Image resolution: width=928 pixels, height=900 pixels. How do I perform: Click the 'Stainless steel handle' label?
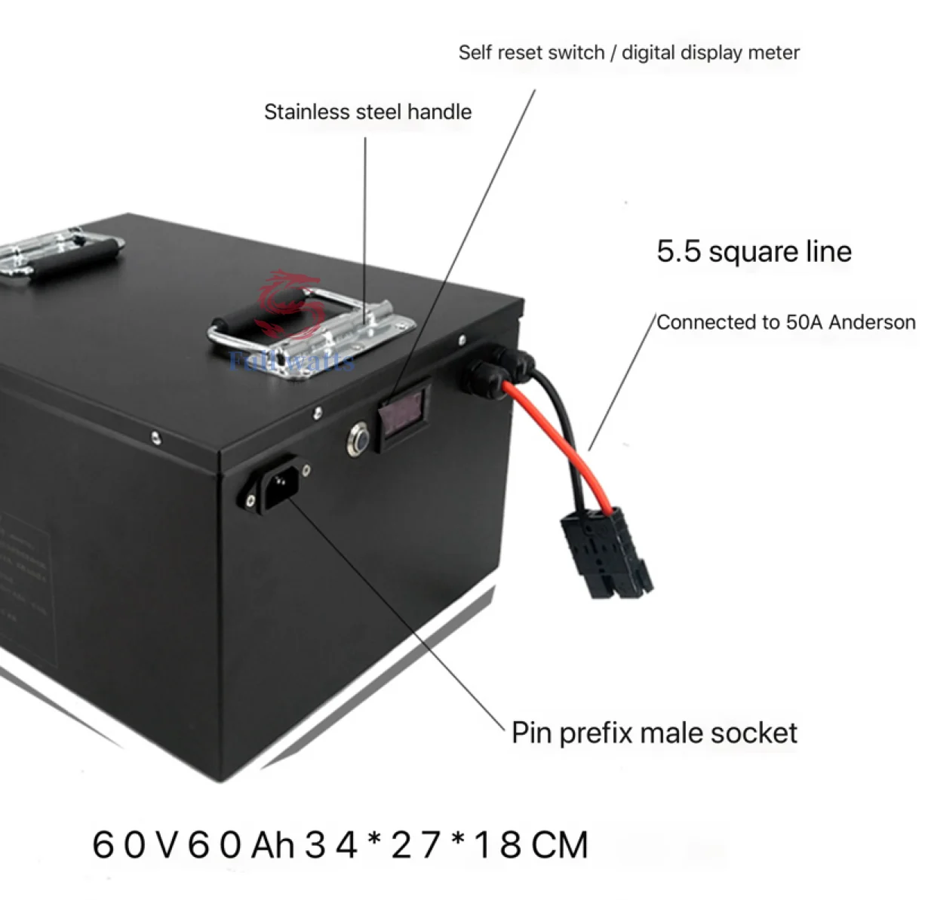pyautogui.click(x=367, y=112)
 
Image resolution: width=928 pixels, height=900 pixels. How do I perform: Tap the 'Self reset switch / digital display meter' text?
pyautogui.click(x=628, y=53)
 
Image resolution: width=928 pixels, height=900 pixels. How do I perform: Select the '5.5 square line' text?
pyautogui.click(x=754, y=251)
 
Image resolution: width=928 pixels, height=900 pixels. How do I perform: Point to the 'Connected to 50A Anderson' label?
pyautogui.click(x=785, y=322)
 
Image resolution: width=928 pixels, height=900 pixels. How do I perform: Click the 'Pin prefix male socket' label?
pyautogui.click(x=654, y=733)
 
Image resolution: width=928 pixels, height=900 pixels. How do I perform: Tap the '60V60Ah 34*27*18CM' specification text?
pyautogui.click(x=340, y=844)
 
